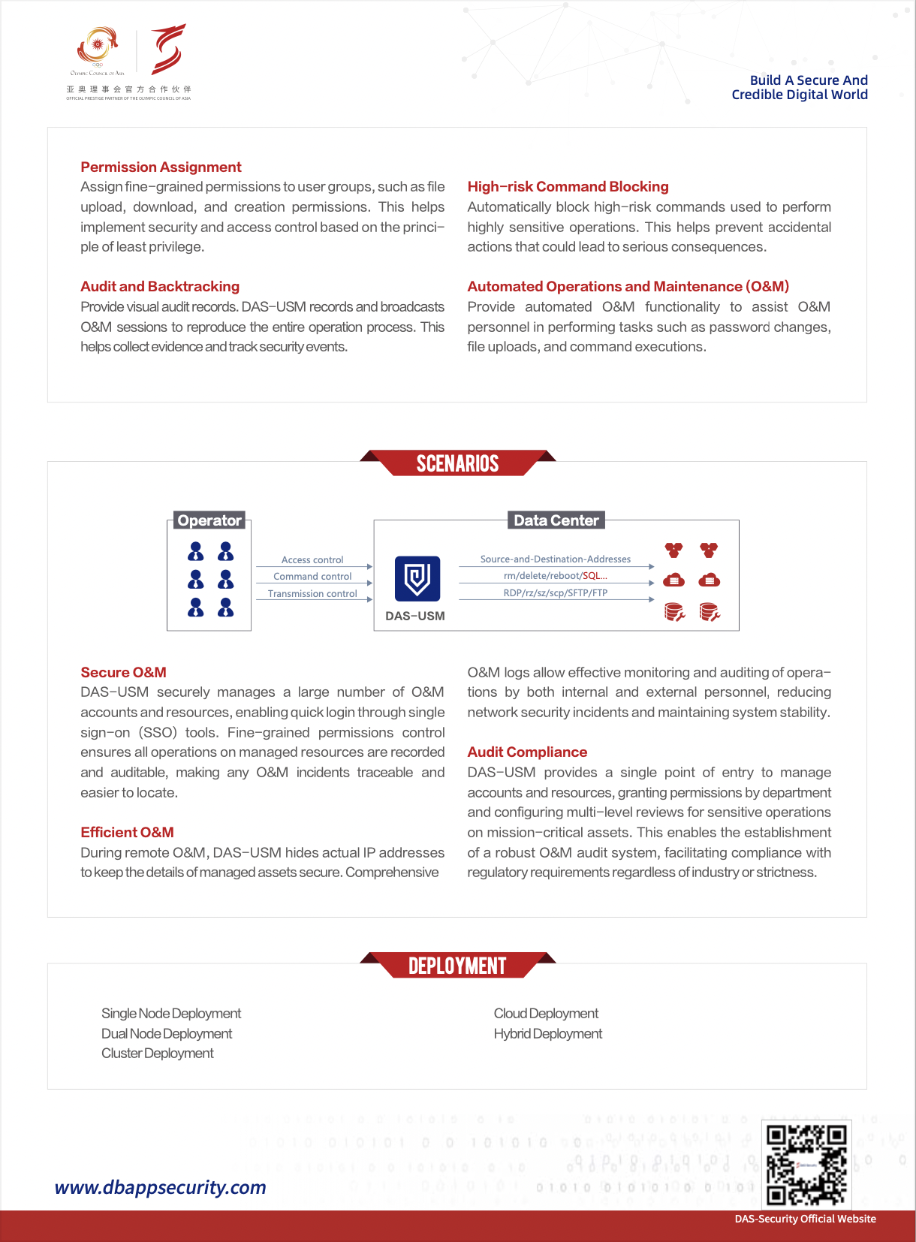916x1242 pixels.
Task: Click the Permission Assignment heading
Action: [x=161, y=167]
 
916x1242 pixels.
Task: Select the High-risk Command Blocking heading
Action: [x=568, y=186]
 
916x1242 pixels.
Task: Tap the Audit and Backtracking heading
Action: [x=160, y=286]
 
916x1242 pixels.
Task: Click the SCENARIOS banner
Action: [x=457, y=463]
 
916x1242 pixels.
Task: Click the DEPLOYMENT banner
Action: [x=457, y=966]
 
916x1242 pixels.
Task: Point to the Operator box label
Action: [x=209, y=520]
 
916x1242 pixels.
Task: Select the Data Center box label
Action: [x=556, y=520]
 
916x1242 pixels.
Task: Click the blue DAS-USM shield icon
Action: [x=417, y=578]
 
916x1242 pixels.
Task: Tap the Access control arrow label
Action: [x=312, y=559]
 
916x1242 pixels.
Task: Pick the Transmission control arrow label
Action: [x=312, y=593]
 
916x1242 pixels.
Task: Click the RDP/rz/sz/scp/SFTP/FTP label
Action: [x=555, y=592]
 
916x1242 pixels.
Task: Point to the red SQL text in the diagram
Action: [x=595, y=576]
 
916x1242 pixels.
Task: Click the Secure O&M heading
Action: [x=123, y=672]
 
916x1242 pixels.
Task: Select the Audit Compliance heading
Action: [x=527, y=752]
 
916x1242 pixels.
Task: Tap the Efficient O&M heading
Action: [x=127, y=832]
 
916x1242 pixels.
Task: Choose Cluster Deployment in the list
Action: [x=158, y=1053]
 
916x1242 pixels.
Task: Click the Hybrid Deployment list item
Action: [x=547, y=1033]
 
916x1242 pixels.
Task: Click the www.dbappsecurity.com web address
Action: [x=160, y=1187]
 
